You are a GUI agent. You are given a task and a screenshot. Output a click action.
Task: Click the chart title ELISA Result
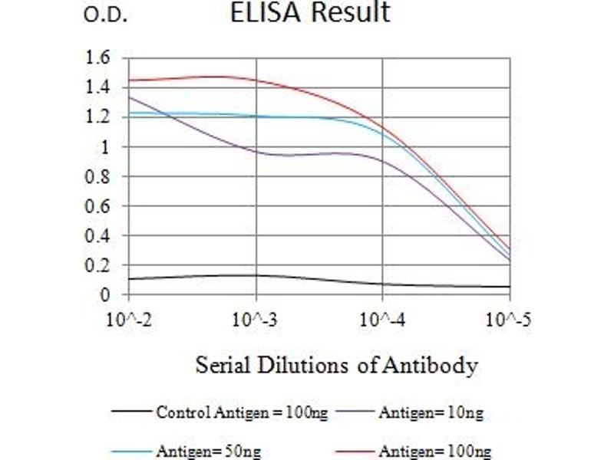point(310,13)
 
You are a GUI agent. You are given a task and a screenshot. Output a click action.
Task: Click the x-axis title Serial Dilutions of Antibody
point(336,365)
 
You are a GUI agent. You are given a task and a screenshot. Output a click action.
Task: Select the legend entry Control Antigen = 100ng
point(242,413)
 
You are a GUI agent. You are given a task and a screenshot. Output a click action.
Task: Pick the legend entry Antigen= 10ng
point(431,413)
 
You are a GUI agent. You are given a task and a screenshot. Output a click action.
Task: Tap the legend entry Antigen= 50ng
point(208,452)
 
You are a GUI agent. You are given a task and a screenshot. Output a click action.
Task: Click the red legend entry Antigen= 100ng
point(434,452)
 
